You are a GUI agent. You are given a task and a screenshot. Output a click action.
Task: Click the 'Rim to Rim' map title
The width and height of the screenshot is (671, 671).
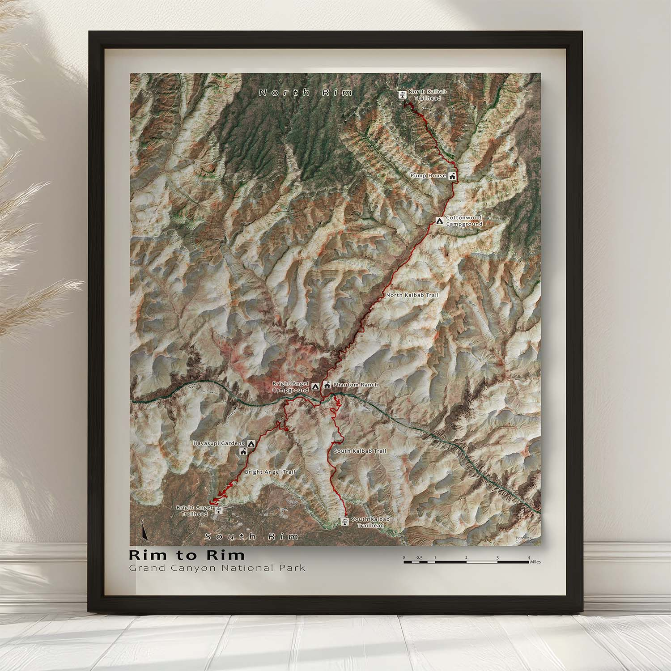pos(187,555)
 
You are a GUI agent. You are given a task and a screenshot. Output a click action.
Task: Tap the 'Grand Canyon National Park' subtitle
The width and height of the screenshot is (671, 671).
pos(217,568)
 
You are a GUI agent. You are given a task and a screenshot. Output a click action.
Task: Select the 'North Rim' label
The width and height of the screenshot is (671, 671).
pos(306,93)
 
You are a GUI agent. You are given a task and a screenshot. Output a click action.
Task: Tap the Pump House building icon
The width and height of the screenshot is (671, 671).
pos(452,176)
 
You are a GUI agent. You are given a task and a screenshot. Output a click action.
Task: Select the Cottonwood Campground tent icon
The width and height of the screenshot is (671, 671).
pos(439,221)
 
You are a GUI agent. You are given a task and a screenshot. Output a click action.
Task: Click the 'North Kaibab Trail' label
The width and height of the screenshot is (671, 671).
pos(412,295)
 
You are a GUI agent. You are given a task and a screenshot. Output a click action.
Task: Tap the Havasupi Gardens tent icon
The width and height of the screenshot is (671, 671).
pos(251,443)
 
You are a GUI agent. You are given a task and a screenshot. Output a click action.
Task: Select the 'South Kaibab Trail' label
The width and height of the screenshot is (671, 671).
pos(360,451)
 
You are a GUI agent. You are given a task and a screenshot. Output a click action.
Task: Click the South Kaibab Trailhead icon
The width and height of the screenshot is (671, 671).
pos(345,522)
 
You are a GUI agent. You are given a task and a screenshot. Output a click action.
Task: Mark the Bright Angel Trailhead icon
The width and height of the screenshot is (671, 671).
pos(218,511)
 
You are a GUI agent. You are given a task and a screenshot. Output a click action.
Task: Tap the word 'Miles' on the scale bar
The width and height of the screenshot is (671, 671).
pos(535,562)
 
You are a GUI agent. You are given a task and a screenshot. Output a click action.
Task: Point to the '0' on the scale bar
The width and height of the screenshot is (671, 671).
pos(404,557)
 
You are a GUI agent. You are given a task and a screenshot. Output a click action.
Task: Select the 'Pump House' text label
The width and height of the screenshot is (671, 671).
pos(428,176)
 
